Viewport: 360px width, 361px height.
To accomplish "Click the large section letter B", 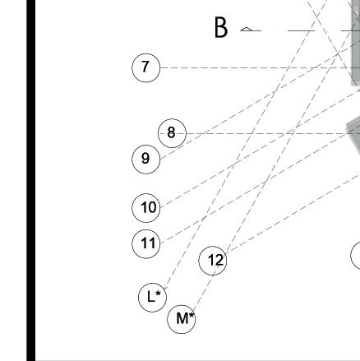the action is point(221,27).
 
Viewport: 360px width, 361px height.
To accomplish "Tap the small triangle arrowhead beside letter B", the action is point(247,29).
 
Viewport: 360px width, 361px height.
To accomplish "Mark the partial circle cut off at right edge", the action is point(351,256).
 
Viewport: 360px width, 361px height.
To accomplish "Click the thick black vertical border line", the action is point(31,180).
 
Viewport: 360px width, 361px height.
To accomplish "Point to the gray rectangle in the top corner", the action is point(356,43).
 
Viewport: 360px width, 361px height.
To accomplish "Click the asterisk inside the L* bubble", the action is point(158,294).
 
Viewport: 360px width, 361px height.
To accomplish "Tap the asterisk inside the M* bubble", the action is point(192,316).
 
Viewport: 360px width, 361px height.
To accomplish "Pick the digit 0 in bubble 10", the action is point(152,207).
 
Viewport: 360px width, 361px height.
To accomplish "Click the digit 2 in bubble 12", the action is point(219,260).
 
